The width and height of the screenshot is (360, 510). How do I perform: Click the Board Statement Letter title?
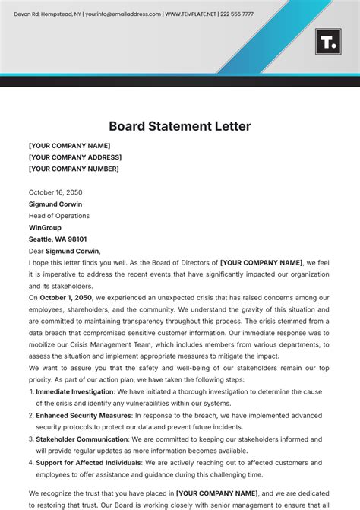(179, 126)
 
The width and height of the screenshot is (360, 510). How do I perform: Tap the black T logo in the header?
(327, 42)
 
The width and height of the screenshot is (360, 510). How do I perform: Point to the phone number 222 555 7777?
(237, 14)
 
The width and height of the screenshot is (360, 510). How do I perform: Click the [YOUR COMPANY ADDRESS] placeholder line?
(74, 157)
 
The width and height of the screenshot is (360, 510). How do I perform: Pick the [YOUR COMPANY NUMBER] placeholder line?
(74, 169)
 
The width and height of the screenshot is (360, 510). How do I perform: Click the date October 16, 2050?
(55, 192)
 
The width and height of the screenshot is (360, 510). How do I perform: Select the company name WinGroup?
(45, 227)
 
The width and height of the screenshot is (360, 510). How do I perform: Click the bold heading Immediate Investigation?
(74, 392)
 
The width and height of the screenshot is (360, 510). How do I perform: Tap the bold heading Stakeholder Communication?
(82, 439)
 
